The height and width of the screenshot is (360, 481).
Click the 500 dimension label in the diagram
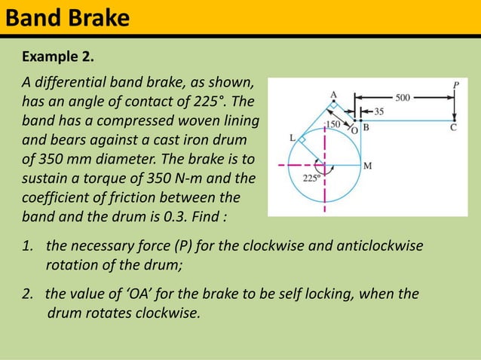[x=403, y=97]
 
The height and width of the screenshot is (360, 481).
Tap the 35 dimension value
[x=378, y=111]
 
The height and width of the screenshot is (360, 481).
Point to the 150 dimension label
[x=332, y=121]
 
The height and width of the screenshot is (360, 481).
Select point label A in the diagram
[x=334, y=94]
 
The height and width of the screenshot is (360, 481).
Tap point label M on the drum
[x=366, y=166]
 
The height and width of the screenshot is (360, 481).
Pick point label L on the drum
[x=293, y=138]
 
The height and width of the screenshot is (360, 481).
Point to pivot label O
[x=354, y=129]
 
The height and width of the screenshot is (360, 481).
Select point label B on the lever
[x=366, y=127]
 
